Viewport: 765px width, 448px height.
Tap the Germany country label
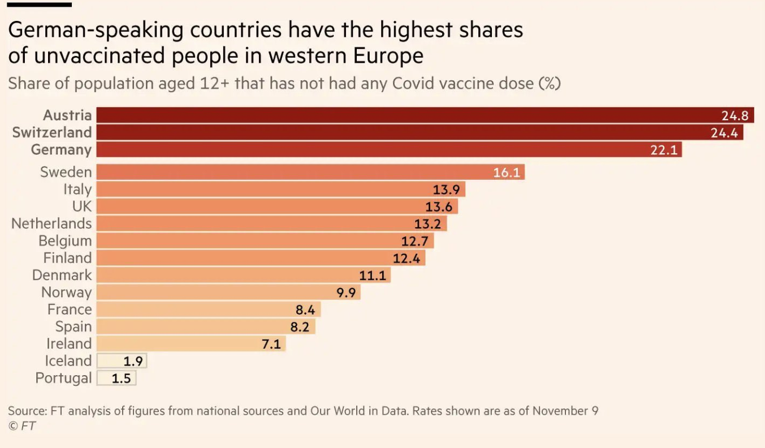click(61, 150)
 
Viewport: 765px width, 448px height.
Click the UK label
click(81, 206)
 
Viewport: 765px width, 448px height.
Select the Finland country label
click(67, 258)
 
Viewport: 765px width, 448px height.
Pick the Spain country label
click(74, 327)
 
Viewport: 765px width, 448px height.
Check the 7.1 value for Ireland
click(271, 344)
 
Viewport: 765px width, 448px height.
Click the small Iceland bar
click(122, 361)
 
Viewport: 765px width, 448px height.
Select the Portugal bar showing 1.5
click(116, 378)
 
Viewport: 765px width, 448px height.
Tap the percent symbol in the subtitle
click(548, 84)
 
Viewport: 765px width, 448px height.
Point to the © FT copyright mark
click(22, 426)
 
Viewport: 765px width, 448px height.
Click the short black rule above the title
click(40, 5)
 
